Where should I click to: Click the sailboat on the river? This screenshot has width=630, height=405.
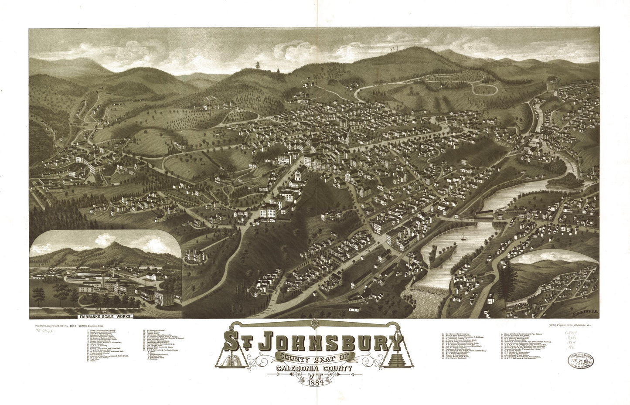point(463,238)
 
